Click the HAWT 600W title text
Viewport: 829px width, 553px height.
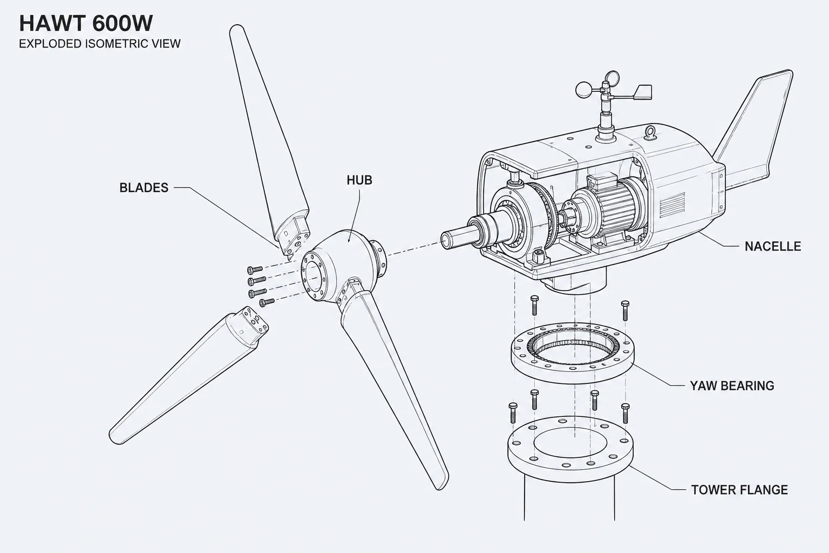coord(86,23)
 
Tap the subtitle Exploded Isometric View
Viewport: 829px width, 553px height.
coord(99,44)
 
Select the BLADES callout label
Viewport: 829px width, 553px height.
coord(144,188)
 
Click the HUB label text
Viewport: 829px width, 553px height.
coord(359,180)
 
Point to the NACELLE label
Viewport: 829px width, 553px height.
coord(773,246)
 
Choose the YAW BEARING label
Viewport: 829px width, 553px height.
coord(732,386)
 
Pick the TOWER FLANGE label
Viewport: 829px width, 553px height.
coord(739,490)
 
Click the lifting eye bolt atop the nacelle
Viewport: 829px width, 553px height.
coord(650,133)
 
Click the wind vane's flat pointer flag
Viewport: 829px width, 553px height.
coord(643,92)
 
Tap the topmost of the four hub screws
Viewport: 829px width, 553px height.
coord(255,269)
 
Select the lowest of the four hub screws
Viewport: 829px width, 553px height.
coord(267,302)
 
